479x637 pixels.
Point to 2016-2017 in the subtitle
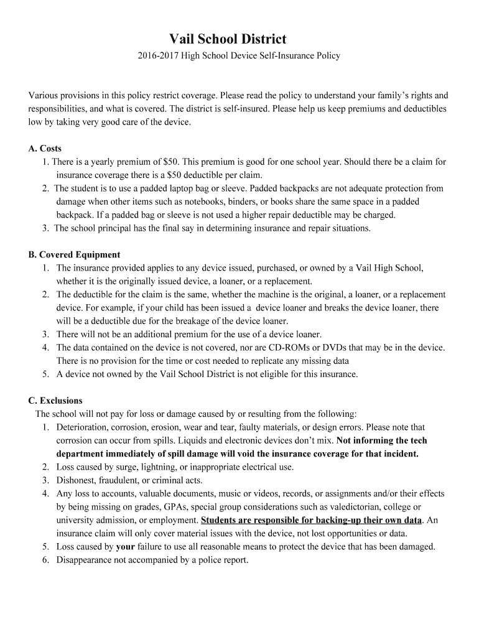[158, 56]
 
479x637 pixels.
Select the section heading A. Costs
[45, 149]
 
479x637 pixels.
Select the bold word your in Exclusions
[126, 547]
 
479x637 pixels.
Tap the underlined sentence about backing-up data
[311, 520]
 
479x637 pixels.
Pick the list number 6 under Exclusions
[45, 560]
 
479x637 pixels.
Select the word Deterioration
[81, 427]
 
